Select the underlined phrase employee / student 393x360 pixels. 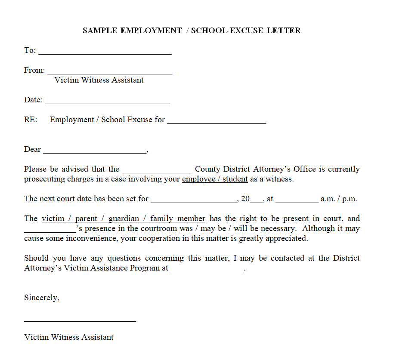[215, 179]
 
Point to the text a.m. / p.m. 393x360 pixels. [339, 199]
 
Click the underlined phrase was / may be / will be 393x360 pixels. [220, 229]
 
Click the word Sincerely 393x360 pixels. [41, 298]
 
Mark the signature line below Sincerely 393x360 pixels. [80, 320]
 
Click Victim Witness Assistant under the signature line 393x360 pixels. [69, 337]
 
